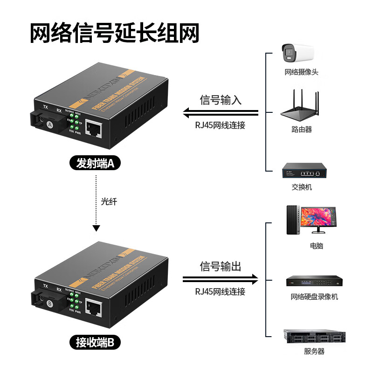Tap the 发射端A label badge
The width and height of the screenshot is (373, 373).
pos(95,164)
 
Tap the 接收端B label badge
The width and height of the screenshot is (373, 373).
pos(95,343)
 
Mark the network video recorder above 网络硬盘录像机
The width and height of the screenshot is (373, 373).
pos(314,282)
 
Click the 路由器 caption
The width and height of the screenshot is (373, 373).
pos(302,130)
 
